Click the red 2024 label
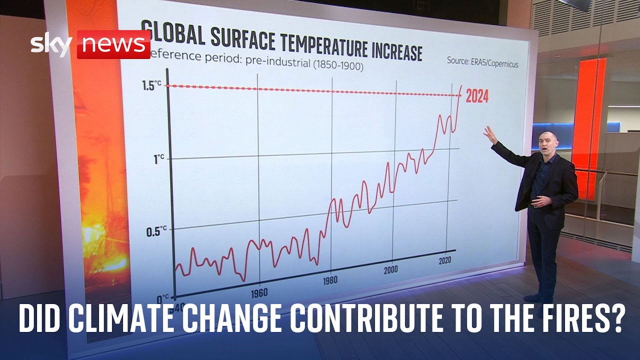476,96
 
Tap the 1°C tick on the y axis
158,159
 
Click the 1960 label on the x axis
259,292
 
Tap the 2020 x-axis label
445,261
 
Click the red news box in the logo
113,44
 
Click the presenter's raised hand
488,133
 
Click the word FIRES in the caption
582,318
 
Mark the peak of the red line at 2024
461,86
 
